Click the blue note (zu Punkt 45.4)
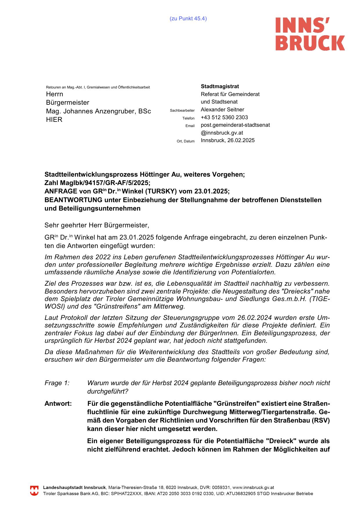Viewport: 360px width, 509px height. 188,19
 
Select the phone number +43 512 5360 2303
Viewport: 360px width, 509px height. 224,117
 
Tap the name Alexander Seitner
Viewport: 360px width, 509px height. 222,110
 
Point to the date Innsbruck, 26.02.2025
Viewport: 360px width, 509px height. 228,140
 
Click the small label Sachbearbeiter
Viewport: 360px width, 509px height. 182,111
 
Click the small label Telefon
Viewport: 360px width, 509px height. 188,118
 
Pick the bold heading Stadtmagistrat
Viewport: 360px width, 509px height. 220,86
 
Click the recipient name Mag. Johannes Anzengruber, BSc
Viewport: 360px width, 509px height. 98,111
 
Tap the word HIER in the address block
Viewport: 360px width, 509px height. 54,119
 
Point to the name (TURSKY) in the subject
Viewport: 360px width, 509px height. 160,191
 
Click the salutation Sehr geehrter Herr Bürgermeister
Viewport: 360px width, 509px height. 97,225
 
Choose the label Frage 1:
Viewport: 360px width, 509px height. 57,383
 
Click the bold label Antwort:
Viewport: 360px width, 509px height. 58,404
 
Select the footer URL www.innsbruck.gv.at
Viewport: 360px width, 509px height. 253,488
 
